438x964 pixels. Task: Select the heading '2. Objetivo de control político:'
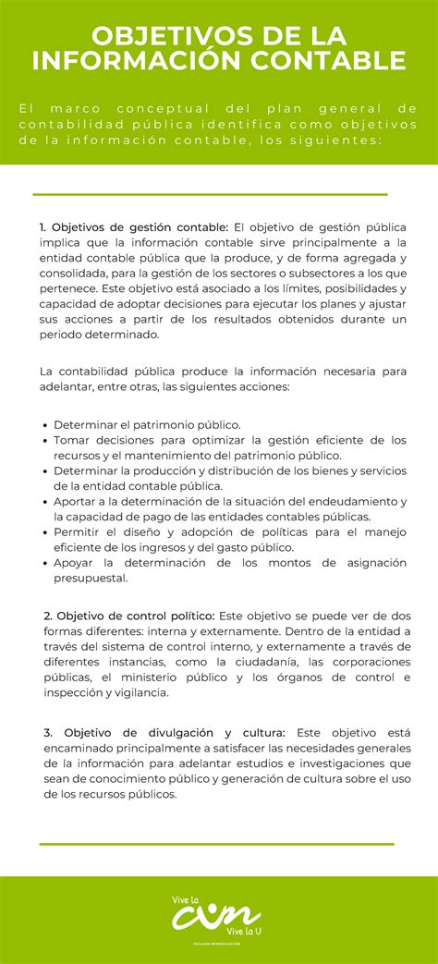coord(128,616)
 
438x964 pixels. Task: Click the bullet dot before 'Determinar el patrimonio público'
coord(45,425)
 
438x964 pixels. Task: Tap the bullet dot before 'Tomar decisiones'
coord(45,441)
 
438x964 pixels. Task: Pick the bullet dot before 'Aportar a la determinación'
coord(45,502)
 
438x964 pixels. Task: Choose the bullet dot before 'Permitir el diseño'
coord(45,532)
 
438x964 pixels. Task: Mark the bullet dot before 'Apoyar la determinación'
coord(45,563)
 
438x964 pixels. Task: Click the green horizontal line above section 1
coord(209,195)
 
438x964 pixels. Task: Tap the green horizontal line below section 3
coord(216,844)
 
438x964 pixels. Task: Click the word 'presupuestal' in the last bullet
coord(90,579)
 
